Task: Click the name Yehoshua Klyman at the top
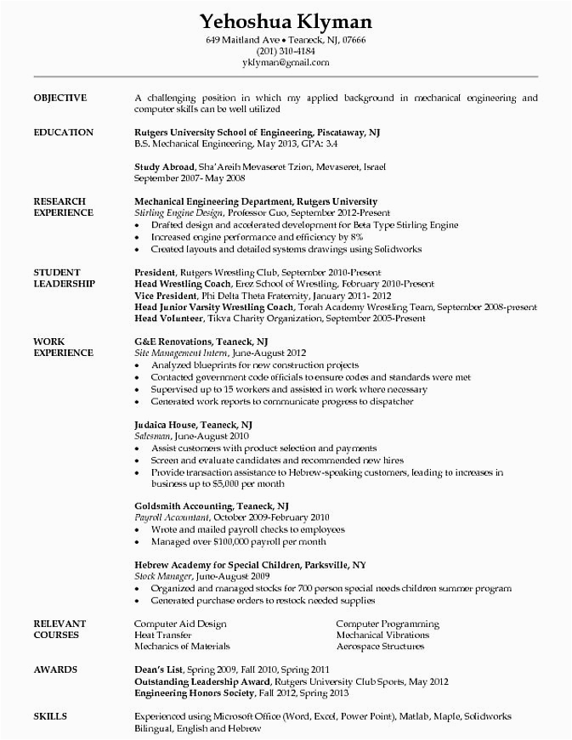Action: tap(285, 20)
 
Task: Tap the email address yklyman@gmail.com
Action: tap(285, 63)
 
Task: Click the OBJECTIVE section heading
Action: tap(59, 98)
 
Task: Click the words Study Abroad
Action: tap(164, 167)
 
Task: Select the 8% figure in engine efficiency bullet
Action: tap(334, 238)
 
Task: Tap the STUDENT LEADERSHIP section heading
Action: tap(64, 277)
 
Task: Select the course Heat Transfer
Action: tap(162, 635)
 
